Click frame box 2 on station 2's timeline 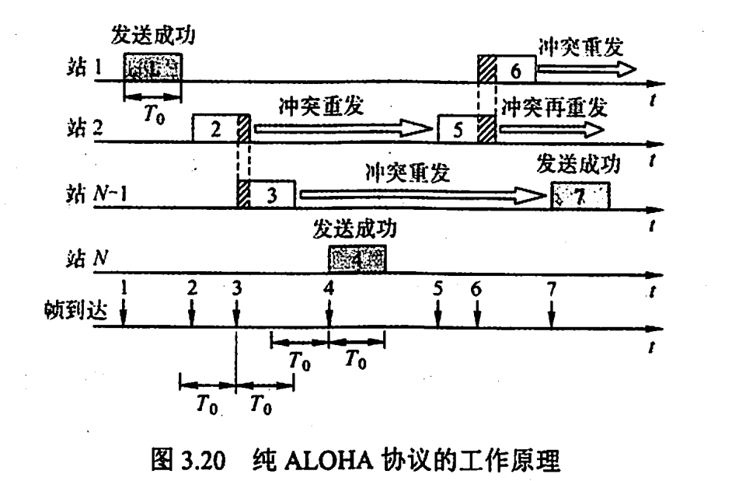215,127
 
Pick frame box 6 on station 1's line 515,69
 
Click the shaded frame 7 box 580,195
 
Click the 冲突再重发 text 554,104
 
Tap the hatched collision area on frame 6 487,69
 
